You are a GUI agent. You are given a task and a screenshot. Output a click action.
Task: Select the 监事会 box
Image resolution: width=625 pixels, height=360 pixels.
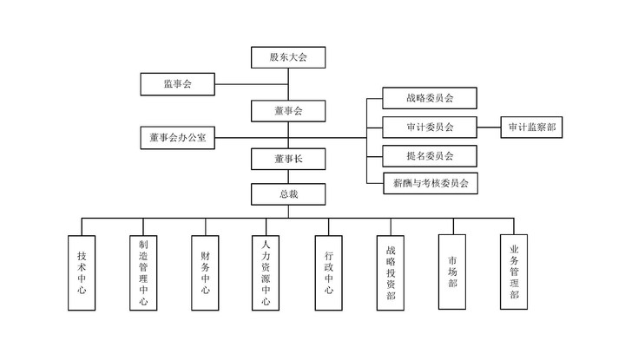(x=177, y=84)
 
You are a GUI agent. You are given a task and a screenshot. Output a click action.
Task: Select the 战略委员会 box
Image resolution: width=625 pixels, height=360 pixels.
(x=430, y=98)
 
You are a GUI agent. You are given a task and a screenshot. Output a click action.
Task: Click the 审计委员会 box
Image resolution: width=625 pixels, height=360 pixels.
(x=430, y=127)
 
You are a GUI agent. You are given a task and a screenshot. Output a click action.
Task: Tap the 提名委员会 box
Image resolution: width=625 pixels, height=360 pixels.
(x=430, y=155)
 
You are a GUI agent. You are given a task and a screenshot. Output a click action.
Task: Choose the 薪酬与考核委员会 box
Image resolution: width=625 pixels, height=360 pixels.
(x=430, y=183)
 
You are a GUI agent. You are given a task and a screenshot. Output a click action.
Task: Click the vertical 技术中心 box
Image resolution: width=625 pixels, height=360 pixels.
(x=82, y=272)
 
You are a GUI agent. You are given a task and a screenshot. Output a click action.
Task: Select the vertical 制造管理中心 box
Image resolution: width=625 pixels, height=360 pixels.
(x=143, y=272)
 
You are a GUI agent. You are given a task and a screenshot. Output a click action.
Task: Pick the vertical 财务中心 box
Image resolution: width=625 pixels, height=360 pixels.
(x=205, y=272)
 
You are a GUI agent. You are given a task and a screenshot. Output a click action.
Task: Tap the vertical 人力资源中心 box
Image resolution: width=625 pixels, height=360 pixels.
(x=266, y=272)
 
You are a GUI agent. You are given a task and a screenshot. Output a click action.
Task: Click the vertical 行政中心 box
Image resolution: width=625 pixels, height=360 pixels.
(x=329, y=272)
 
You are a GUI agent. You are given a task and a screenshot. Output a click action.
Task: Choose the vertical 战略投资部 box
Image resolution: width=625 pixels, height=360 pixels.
(x=391, y=272)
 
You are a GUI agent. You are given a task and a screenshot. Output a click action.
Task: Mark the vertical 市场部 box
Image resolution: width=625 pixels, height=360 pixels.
(x=452, y=272)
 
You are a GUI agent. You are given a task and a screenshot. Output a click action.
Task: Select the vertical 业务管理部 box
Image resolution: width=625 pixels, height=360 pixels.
(x=514, y=272)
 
